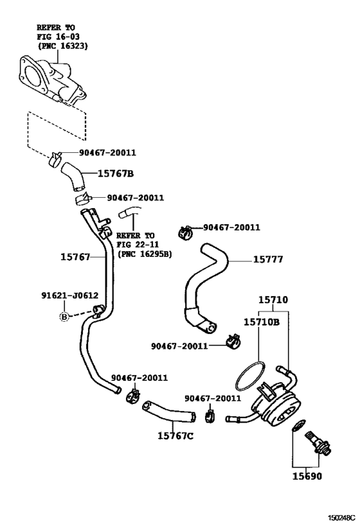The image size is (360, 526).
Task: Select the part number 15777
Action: coord(268,260)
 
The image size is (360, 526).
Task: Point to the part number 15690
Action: coord(308,477)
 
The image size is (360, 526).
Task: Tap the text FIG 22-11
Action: coord(136,245)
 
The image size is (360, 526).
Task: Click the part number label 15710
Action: coord(273,300)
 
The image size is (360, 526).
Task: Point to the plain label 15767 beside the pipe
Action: coord(75,256)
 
